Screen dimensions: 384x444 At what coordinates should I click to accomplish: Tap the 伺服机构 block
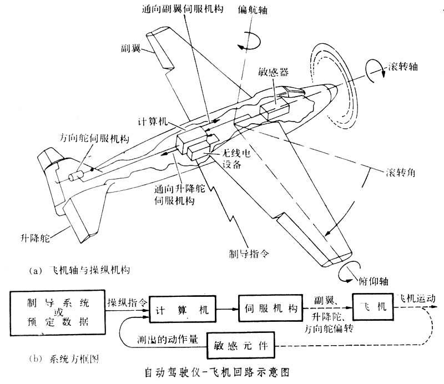[270, 310]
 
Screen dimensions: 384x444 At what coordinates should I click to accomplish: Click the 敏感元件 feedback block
[244, 345]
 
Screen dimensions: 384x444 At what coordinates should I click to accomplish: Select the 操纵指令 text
[127, 303]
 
